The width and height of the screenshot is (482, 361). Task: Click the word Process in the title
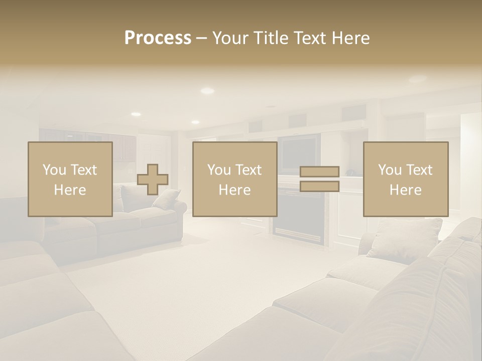coord(158,38)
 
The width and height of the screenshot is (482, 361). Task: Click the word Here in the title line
coord(351,38)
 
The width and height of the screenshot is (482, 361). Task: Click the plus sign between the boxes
coord(153,179)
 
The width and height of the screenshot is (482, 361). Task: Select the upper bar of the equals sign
coord(319,171)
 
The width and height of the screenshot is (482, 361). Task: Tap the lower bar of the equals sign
coord(319,187)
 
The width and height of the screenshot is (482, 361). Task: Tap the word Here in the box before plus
coord(70,190)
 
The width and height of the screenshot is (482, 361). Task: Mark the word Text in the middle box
coord(249,170)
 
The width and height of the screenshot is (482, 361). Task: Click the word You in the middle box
coord(219,170)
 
